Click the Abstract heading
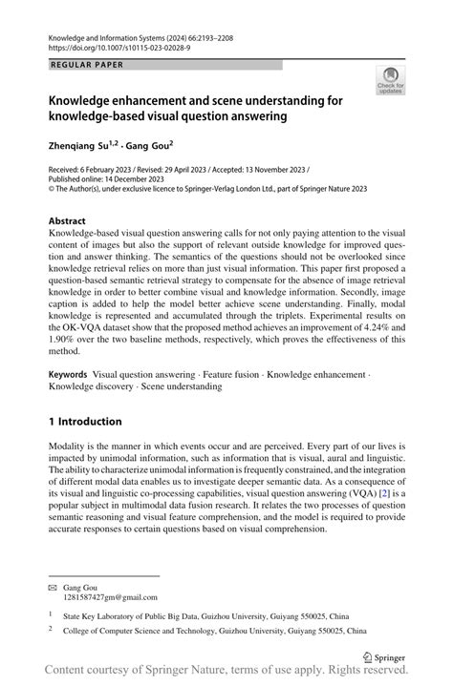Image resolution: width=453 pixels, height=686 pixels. (x=73, y=220)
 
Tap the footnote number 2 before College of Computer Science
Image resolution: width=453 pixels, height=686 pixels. (x=52, y=631)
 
